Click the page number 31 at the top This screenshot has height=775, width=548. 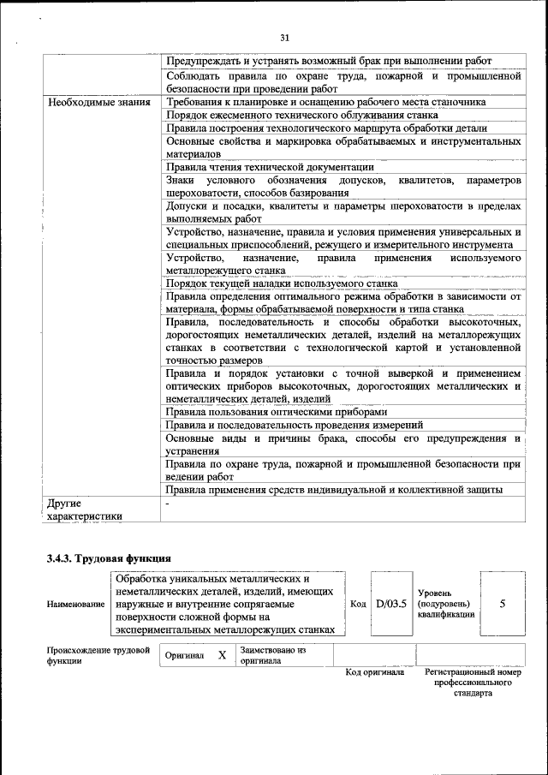pyautogui.click(x=285, y=37)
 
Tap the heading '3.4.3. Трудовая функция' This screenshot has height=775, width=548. pyautogui.click(x=110, y=559)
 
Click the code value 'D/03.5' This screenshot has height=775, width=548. pyautogui.click(x=390, y=603)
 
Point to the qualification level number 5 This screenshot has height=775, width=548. pyautogui.click(x=502, y=603)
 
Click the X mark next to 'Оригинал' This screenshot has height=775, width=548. pyautogui.click(x=222, y=655)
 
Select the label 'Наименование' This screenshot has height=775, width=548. pyautogui.click(x=76, y=604)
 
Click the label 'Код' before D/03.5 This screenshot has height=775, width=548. pyautogui.click(x=358, y=604)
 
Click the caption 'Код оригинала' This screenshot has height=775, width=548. pyautogui.click(x=374, y=672)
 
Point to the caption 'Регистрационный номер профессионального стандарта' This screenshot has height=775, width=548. pyautogui.click(x=472, y=683)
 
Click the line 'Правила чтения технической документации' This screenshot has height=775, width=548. pyautogui.click(x=270, y=167)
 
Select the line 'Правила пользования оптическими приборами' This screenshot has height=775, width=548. pyautogui.click(x=282, y=411)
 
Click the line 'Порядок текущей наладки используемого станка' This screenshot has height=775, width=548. pyautogui.click(x=282, y=283)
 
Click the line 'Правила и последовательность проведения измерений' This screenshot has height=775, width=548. pyautogui.click(x=295, y=425)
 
